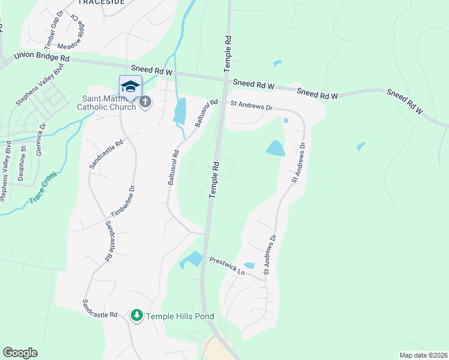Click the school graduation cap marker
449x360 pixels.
130,86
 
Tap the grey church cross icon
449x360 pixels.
145,103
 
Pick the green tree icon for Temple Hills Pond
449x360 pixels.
137,316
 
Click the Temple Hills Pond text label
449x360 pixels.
179,316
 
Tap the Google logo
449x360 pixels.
20,353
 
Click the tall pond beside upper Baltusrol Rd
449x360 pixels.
179,110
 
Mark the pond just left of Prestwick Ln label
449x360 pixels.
193,259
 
